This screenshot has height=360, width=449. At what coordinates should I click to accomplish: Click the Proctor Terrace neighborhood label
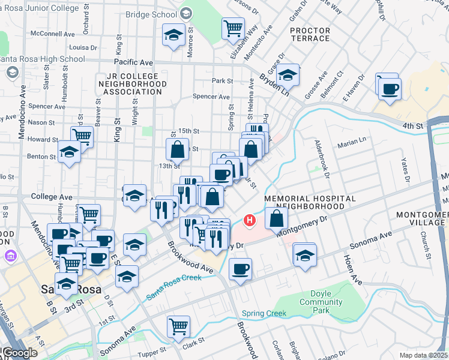310,34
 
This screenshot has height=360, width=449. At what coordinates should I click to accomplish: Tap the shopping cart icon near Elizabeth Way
232,28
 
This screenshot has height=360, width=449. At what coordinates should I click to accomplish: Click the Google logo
19,353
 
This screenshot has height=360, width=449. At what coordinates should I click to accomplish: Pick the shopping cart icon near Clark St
178,326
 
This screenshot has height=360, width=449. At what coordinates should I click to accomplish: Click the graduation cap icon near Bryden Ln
288,75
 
